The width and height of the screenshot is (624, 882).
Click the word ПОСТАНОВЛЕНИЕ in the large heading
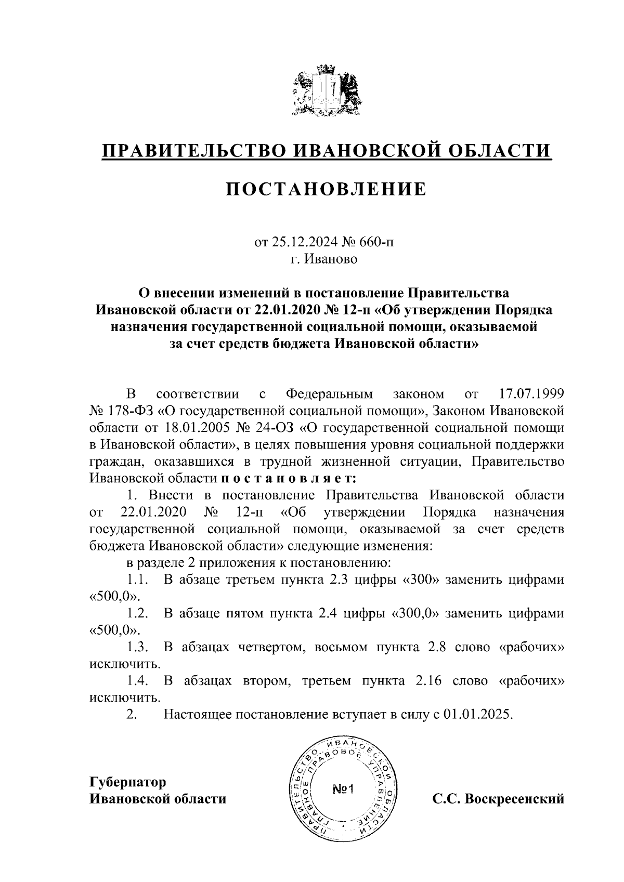pos(326,189)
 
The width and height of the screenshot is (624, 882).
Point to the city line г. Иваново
pos(324,259)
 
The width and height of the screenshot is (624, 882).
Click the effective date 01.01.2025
pos(479,714)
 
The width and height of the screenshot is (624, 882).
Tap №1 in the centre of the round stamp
pos(342,789)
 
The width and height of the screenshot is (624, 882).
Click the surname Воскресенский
pos(514,799)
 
